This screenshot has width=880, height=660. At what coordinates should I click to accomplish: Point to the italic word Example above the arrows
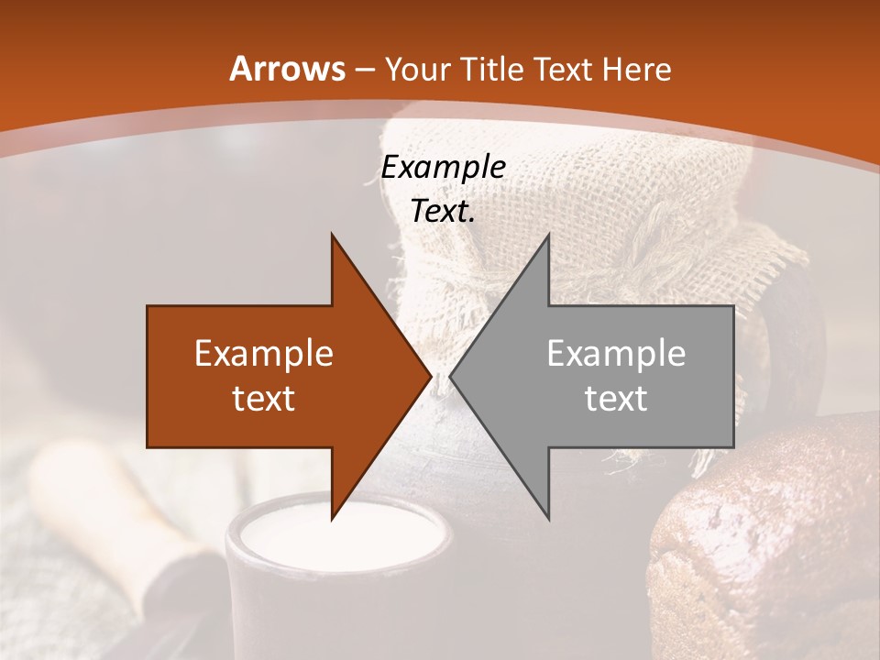[x=443, y=167]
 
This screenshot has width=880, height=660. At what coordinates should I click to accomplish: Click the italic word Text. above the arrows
[x=443, y=212]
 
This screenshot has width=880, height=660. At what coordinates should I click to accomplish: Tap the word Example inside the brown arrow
[x=264, y=354]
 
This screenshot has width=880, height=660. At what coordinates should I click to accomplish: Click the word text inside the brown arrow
[x=264, y=399]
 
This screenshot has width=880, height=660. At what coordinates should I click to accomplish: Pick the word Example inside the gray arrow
[x=616, y=354]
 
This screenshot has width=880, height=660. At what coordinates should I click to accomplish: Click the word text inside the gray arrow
[x=616, y=399]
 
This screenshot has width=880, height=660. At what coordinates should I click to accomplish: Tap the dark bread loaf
[x=770, y=550]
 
